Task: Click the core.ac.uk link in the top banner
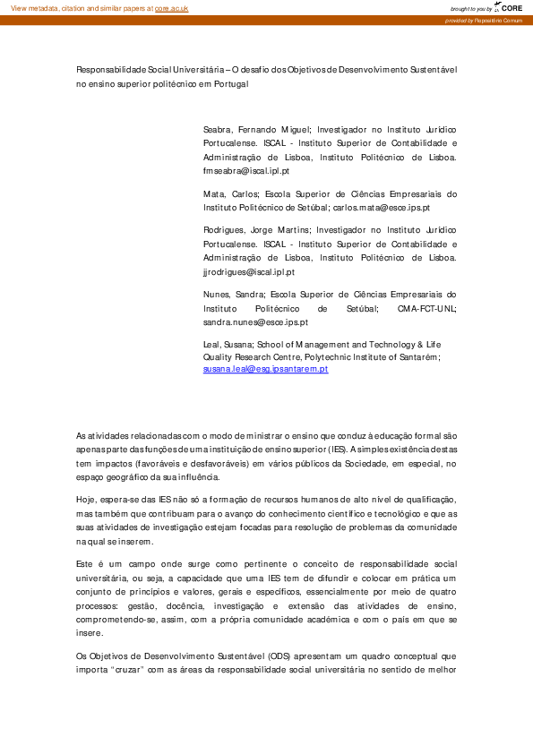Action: click(x=171, y=7)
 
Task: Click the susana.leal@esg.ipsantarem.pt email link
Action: click(x=266, y=369)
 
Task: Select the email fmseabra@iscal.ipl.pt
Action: click(x=246, y=170)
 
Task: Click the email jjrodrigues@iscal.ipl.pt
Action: click(x=248, y=271)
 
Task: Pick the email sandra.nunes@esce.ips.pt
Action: click(x=255, y=321)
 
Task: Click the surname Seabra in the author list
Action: click(x=219, y=130)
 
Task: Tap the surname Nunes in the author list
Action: click(x=218, y=294)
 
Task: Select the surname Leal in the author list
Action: click(x=213, y=344)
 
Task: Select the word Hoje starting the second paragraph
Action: click(x=86, y=498)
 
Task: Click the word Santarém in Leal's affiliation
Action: click(x=416, y=356)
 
